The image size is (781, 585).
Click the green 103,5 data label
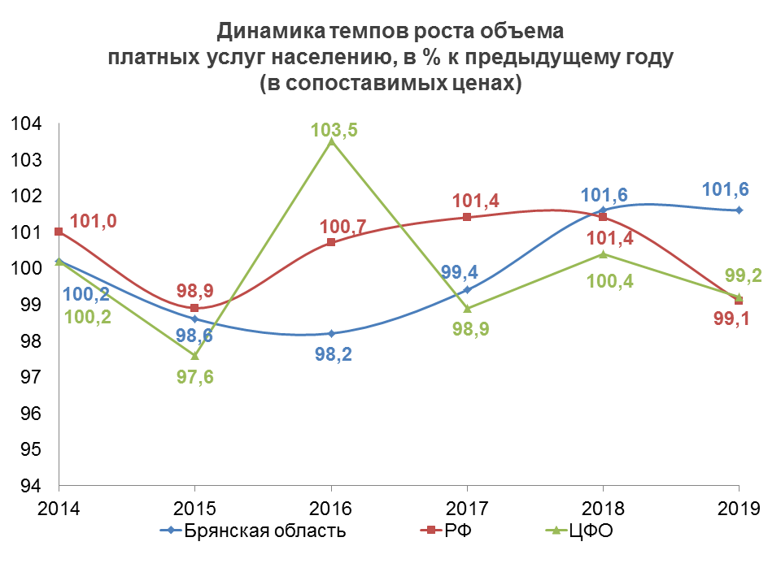click(334, 131)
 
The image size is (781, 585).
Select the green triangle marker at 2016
click(330, 141)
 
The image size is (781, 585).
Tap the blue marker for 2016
click(330, 333)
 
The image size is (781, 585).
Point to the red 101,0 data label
click(93, 221)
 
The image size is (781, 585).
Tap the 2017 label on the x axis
click(467, 509)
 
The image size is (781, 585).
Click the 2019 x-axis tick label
click(739, 509)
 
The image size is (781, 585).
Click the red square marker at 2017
click(467, 217)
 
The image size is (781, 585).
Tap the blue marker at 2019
click(739, 210)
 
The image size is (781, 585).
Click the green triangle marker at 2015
click(194, 354)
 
